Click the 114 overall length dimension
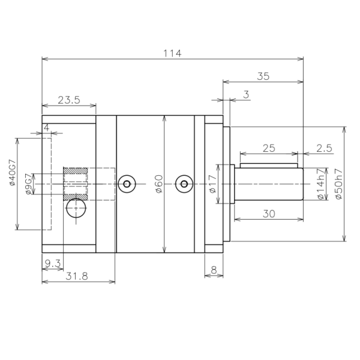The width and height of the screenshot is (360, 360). click(x=172, y=53)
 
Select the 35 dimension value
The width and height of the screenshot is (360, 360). click(x=263, y=76)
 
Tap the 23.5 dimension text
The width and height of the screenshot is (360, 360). click(x=69, y=100)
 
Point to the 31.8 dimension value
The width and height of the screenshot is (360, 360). click(x=77, y=276)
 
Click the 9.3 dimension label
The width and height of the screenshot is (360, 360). click(x=53, y=263)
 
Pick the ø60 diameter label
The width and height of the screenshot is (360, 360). click(x=159, y=184)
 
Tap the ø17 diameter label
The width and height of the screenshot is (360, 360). click(x=212, y=184)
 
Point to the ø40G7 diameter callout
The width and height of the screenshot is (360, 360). click(x=13, y=172)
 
